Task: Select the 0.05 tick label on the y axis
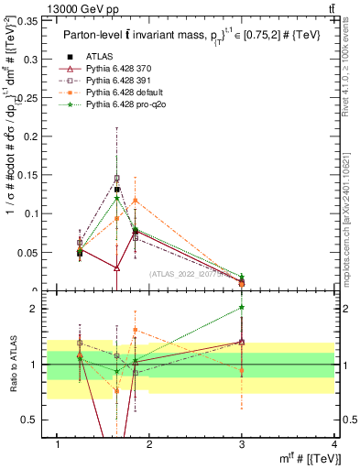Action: (27, 252)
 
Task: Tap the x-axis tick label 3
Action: (242, 444)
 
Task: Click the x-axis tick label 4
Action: (333, 444)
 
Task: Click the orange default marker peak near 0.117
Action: (136, 200)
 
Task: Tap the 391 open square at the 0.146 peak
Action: (116, 178)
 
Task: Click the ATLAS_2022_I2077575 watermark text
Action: (193, 273)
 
